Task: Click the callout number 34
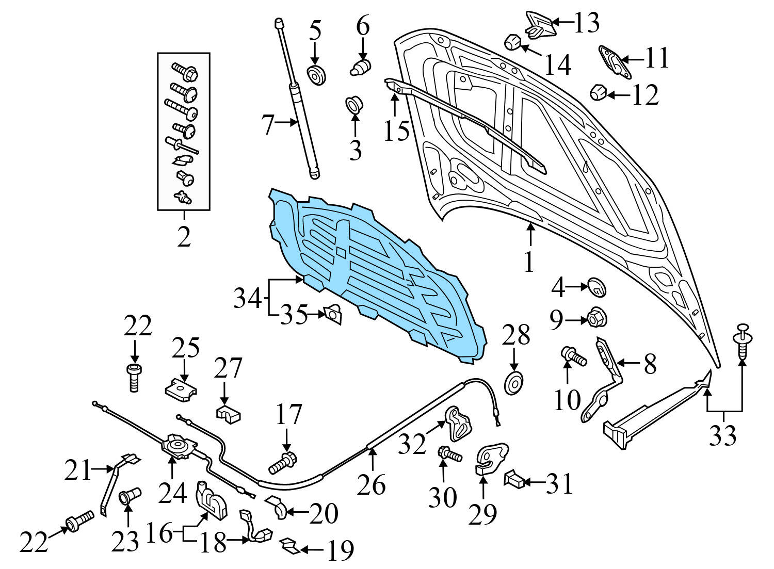(247, 298)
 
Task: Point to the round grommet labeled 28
(514, 383)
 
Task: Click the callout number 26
(372, 484)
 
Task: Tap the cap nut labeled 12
(598, 92)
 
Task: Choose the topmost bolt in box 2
(185, 72)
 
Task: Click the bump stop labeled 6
(361, 68)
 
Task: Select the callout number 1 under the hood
(529, 262)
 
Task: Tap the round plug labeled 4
(596, 287)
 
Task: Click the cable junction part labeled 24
(179, 446)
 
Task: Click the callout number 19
(341, 551)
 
